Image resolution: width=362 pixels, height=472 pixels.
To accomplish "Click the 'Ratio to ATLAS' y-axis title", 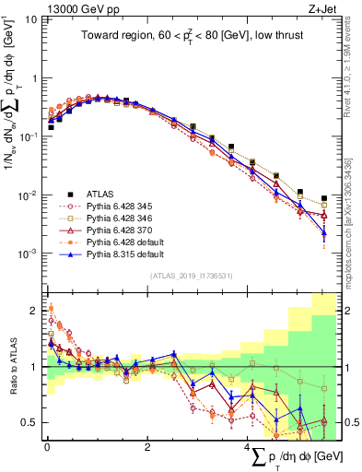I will point(11,366).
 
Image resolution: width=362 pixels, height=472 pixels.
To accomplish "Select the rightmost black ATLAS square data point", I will point(323,198).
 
